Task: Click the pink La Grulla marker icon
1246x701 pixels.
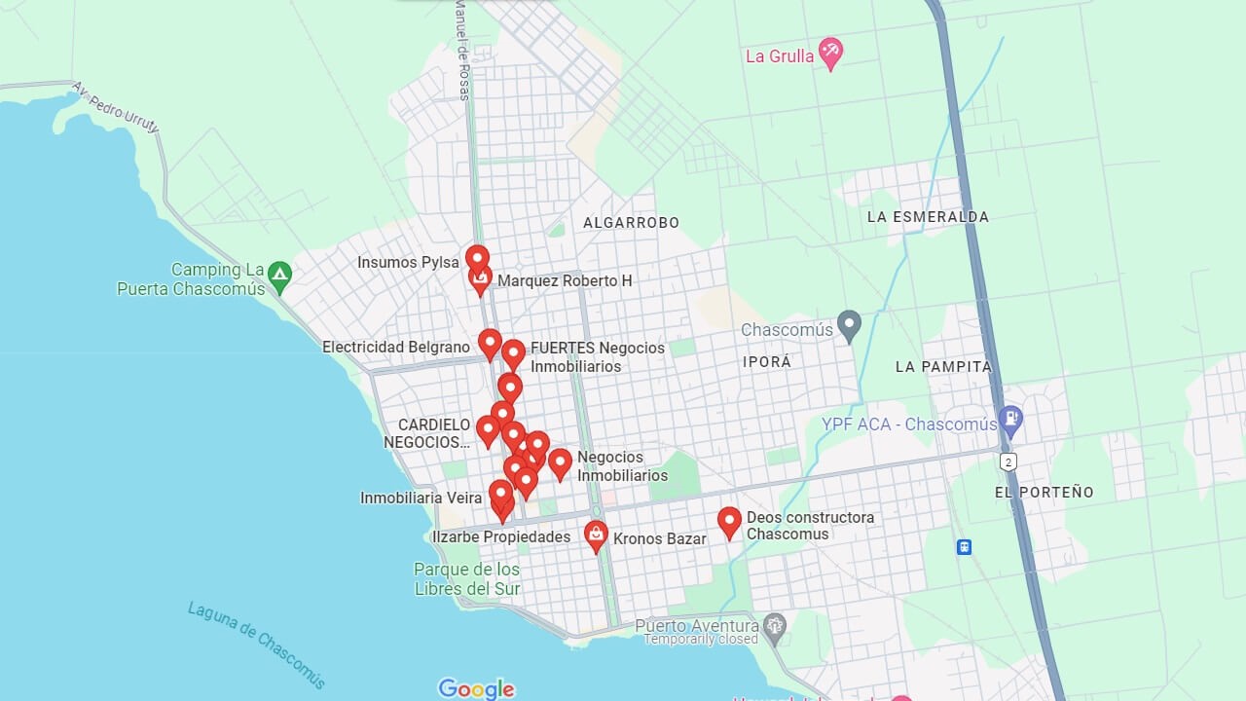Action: pos(829,53)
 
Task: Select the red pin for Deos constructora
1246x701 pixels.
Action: pos(729,522)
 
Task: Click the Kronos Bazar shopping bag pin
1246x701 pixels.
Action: pos(596,535)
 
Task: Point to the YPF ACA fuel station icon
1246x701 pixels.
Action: pos(1010,421)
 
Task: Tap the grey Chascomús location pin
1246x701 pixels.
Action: pos(849,325)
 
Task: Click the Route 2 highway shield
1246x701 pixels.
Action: pos(1008,461)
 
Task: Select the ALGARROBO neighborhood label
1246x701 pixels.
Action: pos(631,223)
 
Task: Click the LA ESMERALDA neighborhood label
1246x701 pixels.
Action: pos(928,217)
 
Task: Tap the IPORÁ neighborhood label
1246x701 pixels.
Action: pos(767,362)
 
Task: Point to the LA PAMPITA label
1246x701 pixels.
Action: pos(943,367)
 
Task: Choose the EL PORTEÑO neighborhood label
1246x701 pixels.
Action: pos(1044,493)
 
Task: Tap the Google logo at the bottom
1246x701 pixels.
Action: pos(476,689)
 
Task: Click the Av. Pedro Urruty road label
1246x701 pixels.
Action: pos(115,107)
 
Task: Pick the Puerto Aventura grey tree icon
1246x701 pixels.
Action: pos(775,626)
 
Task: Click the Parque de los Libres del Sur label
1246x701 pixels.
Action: pos(467,579)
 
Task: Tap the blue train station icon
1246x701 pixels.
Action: pos(964,547)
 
